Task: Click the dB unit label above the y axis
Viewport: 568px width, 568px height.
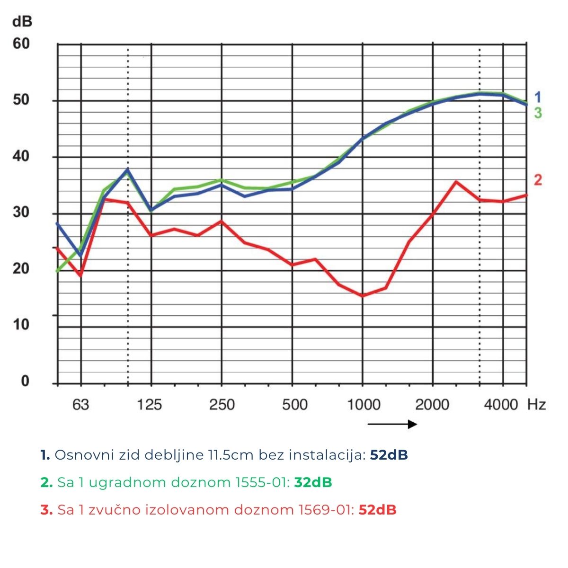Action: point(22,22)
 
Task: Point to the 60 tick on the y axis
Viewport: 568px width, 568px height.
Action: point(21,44)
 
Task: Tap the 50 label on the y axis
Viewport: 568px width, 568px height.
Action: point(21,100)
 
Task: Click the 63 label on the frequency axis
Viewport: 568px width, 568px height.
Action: point(80,405)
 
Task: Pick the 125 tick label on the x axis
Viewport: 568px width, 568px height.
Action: point(151,405)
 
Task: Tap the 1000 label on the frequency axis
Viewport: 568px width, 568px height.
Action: point(364,405)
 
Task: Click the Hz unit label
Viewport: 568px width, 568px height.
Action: point(536,405)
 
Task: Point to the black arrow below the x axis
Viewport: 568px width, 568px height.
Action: point(392,424)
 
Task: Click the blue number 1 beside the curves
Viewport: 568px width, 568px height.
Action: point(538,98)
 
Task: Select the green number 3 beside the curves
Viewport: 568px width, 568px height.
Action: point(538,113)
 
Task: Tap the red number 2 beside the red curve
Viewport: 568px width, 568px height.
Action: point(538,180)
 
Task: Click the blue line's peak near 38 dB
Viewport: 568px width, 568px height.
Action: point(128,169)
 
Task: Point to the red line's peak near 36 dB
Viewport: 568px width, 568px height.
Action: point(456,181)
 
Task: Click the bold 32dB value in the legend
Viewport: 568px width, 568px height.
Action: point(313,482)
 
